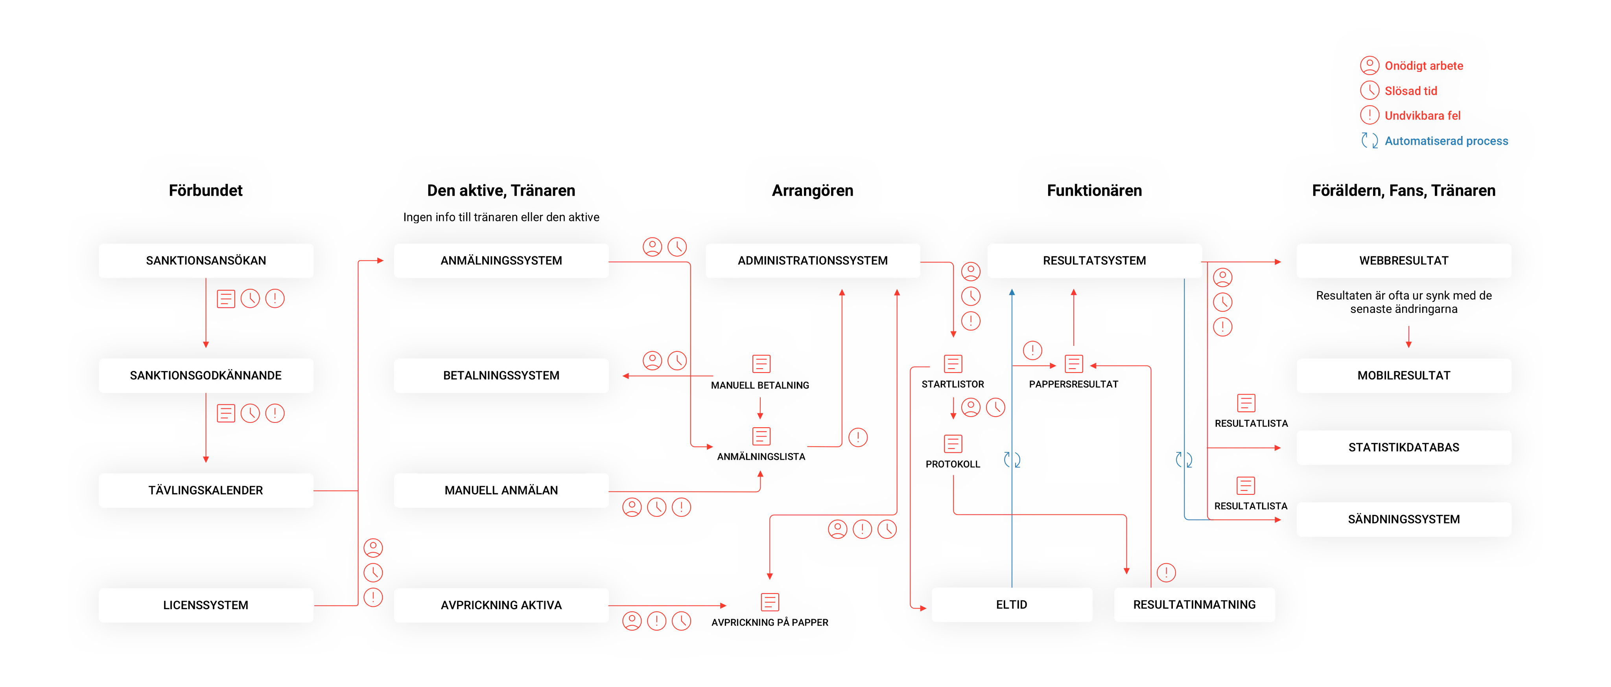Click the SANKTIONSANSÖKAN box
pos(206,261)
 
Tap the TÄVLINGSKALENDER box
pos(206,490)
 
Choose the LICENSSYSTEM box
pos(206,605)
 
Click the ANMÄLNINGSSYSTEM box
pos(501,261)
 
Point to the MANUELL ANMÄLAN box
pos(501,490)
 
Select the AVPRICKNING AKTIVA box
pos(501,605)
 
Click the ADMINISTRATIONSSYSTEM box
pos(812,261)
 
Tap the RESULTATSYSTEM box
pos(1095,261)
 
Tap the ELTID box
pos(1011,604)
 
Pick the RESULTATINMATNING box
pos(1194,604)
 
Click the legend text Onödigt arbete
pos(1423,66)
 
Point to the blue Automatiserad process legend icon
pos(1369,141)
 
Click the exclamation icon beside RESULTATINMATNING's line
pos(1166,572)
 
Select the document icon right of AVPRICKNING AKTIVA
pos(769,602)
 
